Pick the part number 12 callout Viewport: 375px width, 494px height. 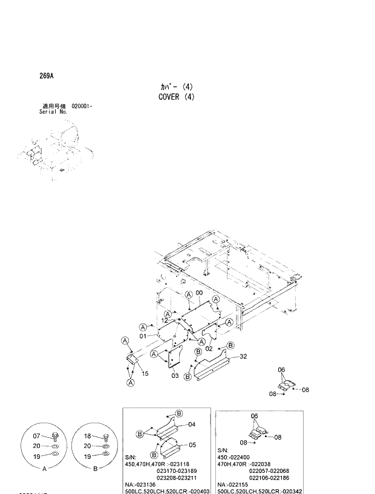(165, 320)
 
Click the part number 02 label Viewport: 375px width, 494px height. (209, 348)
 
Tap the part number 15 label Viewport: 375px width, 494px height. (145, 373)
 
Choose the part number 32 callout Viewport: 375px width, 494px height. (243, 357)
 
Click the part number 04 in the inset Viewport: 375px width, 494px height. (191, 424)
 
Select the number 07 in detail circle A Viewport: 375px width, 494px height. (36, 436)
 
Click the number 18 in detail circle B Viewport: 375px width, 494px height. (87, 436)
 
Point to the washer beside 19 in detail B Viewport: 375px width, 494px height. (105, 457)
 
